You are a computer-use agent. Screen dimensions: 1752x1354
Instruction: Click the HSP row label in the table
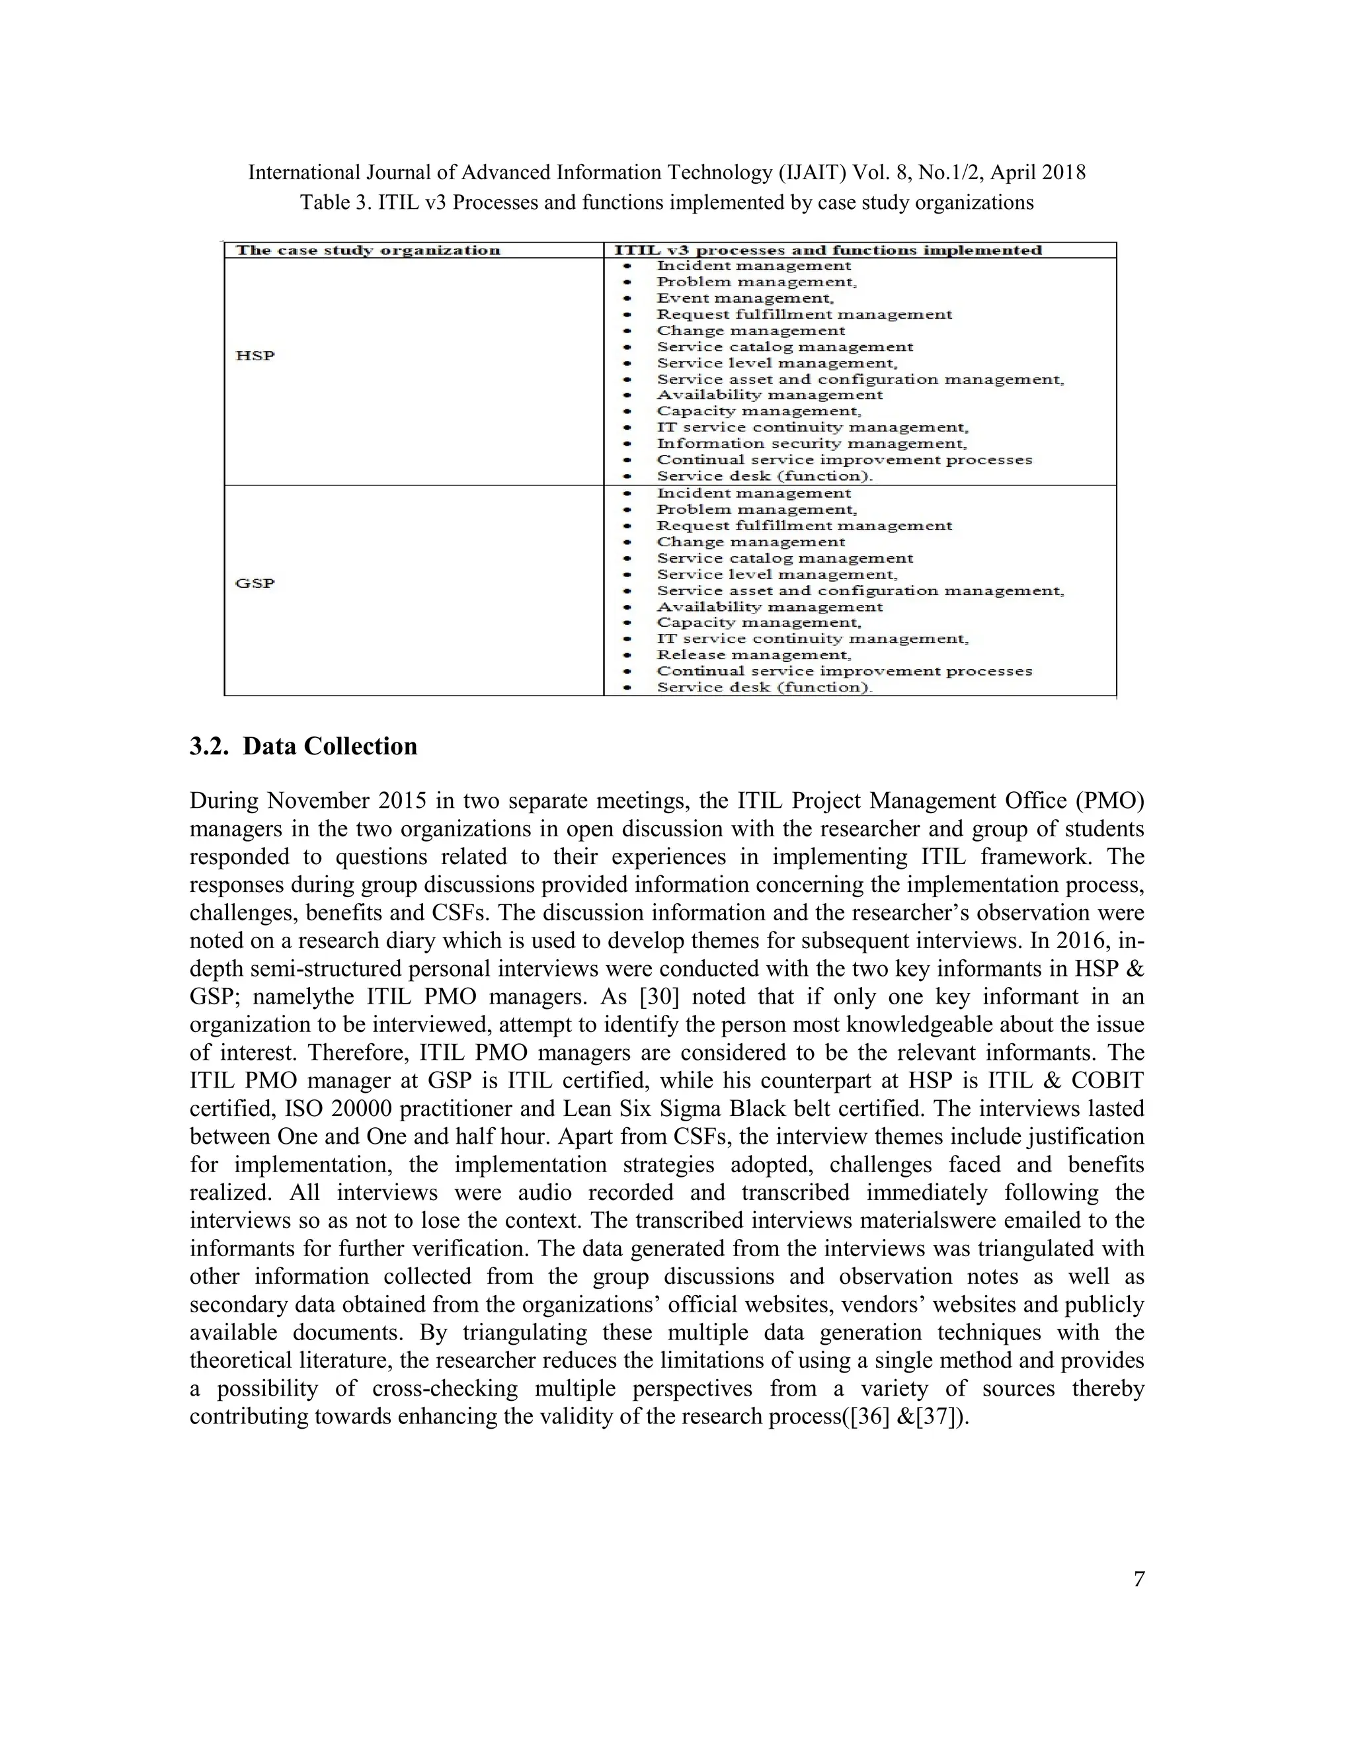coord(255,356)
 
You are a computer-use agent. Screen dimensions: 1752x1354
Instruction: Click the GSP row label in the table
coord(255,583)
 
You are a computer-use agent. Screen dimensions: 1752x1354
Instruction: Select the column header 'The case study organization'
coord(368,251)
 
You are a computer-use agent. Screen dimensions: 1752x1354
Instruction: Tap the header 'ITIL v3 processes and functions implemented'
coord(828,251)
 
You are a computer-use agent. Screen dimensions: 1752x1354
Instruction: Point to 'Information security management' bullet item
coord(811,444)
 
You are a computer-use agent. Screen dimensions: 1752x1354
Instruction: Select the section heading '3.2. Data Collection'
coord(303,746)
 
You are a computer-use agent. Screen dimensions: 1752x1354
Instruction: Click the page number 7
coord(1139,1579)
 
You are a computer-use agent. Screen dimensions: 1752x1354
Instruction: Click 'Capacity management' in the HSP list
coord(758,411)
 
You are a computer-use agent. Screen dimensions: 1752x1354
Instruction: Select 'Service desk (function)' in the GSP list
coord(764,688)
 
